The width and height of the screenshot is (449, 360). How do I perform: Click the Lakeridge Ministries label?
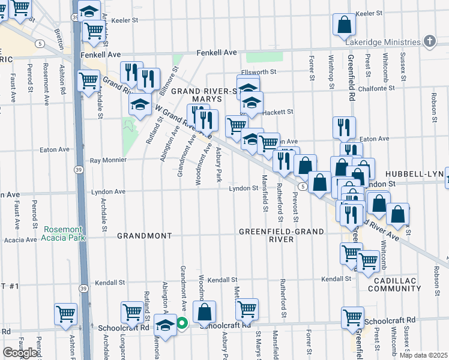coord(382,42)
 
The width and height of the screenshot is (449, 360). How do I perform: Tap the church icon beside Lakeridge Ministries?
coord(429,41)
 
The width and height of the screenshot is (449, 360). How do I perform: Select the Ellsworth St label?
coord(260,72)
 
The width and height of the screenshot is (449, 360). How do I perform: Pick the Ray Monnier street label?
coord(108,160)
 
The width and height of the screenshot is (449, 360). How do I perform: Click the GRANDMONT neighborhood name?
coord(144,236)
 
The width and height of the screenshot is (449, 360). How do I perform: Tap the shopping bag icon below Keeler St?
coord(345,25)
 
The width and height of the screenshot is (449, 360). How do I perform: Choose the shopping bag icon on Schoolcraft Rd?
coord(205,312)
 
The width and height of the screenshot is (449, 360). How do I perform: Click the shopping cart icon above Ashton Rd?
coord(66,314)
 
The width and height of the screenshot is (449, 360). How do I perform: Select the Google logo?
coord(20,353)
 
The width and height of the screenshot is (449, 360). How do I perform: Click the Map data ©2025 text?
coord(423,355)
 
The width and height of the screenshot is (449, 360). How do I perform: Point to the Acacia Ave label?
coord(20,240)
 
